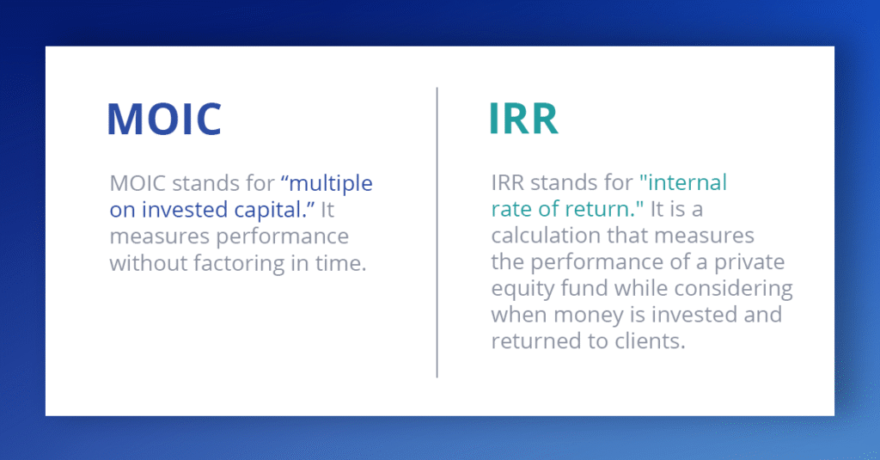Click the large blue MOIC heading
click(164, 119)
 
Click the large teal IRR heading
click(523, 119)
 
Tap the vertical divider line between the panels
click(437, 232)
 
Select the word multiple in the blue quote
click(331, 184)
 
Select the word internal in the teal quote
click(687, 182)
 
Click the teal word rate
click(512, 210)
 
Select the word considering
click(734, 289)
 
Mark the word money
click(588, 315)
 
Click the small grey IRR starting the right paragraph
click(507, 182)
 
